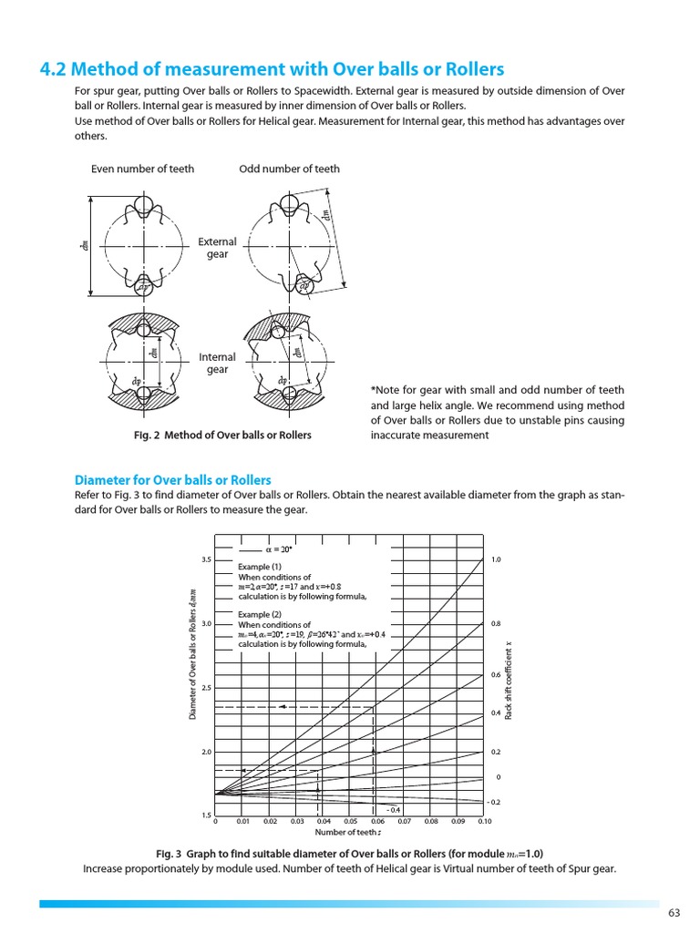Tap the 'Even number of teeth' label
coord(142,169)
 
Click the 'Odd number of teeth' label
coord(290,169)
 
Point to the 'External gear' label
coord(217,248)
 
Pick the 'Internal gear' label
coord(217,364)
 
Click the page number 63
coord(674,913)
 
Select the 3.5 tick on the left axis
coord(205,559)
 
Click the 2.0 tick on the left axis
coord(205,752)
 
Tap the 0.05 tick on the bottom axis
coord(350,821)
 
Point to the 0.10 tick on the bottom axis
coord(484,821)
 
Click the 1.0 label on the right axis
coord(496,559)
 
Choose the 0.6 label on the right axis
coord(496,675)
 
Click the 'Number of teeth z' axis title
coord(348,832)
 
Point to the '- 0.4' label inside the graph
coord(393,809)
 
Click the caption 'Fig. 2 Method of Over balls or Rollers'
coord(222,435)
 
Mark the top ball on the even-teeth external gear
coord(143,203)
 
